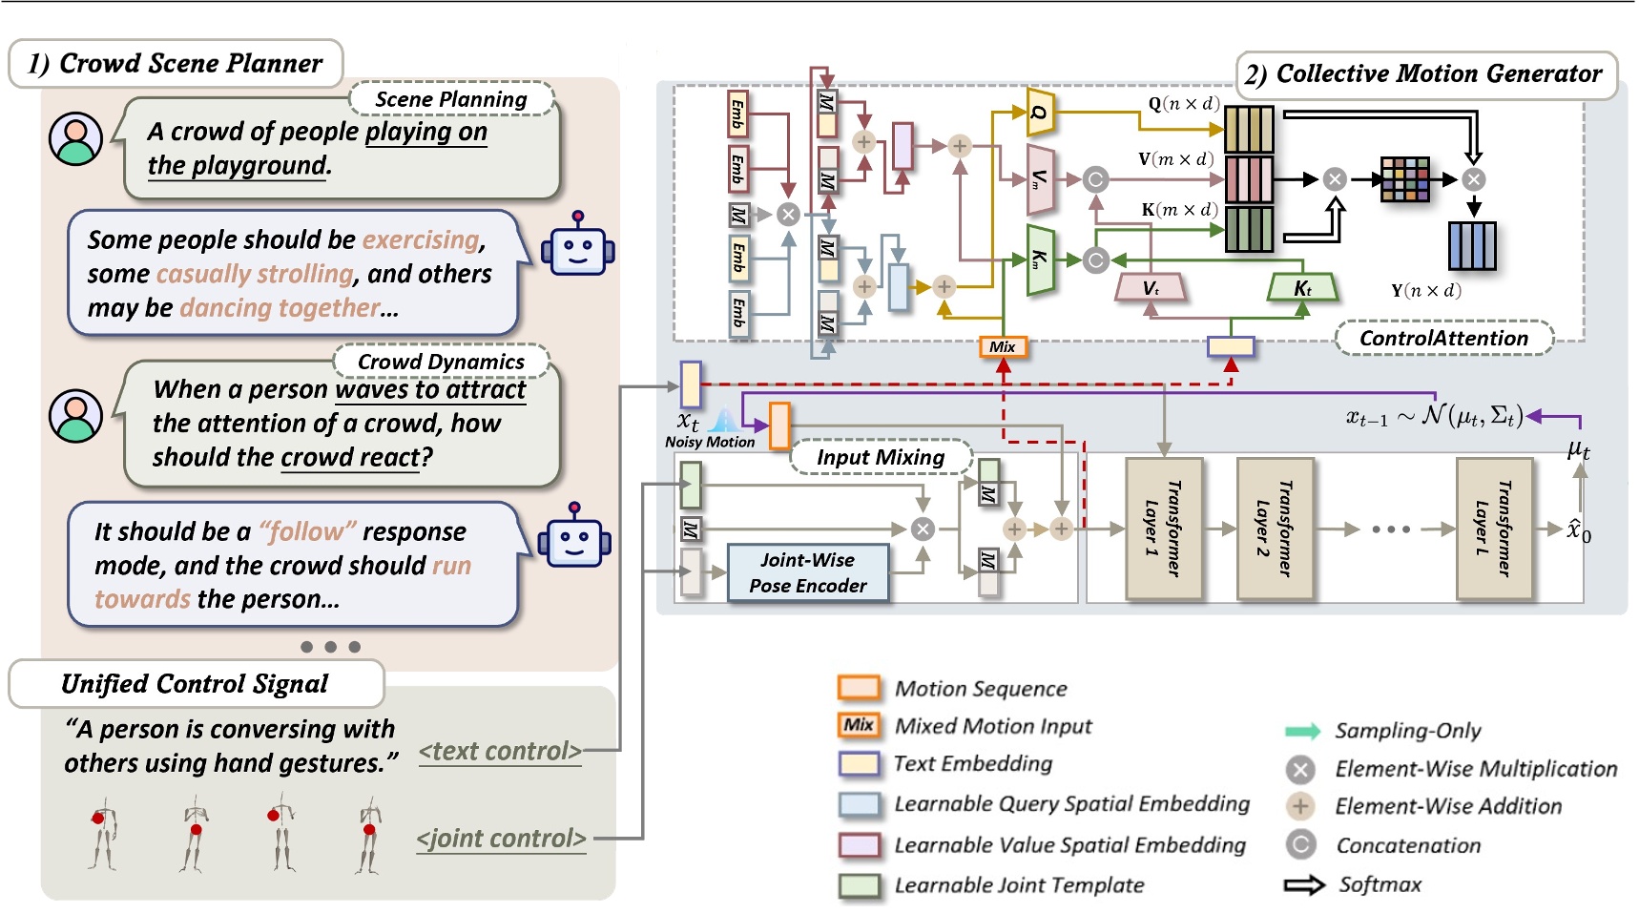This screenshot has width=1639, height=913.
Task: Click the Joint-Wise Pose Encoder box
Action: (807, 572)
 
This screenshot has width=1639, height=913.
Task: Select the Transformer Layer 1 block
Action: (1163, 529)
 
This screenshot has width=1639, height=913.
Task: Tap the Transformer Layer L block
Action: (1494, 529)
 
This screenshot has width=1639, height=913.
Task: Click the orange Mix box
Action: (1003, 347)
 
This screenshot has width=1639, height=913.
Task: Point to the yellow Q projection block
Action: (1040, 113)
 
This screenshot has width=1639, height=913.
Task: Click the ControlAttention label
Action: (1442, 339)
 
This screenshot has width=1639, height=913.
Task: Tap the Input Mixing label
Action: (880, 457)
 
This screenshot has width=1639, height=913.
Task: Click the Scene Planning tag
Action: (450, 99)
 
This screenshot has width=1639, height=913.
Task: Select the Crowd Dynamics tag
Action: (441, 362)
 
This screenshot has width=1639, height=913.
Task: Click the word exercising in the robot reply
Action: (421, 239)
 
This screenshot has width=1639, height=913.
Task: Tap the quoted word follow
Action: (308, 531)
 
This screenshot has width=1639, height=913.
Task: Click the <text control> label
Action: (500, 752)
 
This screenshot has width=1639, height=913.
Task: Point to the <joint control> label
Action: (501, 839)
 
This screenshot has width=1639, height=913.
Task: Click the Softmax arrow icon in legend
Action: (1303, 885)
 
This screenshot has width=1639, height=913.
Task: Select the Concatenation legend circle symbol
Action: (1300, 845)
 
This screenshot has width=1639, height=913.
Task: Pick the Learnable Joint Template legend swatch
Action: (859, 885)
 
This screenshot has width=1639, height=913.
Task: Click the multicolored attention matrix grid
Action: (1404, 179)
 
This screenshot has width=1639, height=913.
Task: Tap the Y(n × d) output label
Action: (1425, 291)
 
